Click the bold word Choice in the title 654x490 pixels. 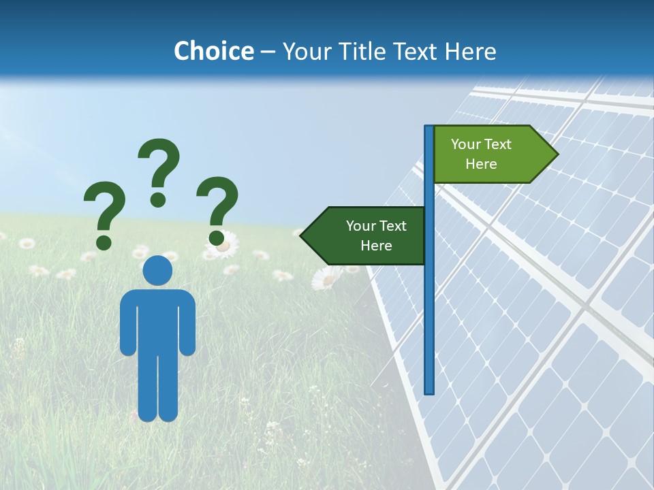[213, 51]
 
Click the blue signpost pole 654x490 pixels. [429, 306]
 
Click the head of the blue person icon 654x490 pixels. [157, 270]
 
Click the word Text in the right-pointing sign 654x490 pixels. [497, 144]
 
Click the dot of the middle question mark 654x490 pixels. [158, 199]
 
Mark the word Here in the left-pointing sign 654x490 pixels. [376, 246]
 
